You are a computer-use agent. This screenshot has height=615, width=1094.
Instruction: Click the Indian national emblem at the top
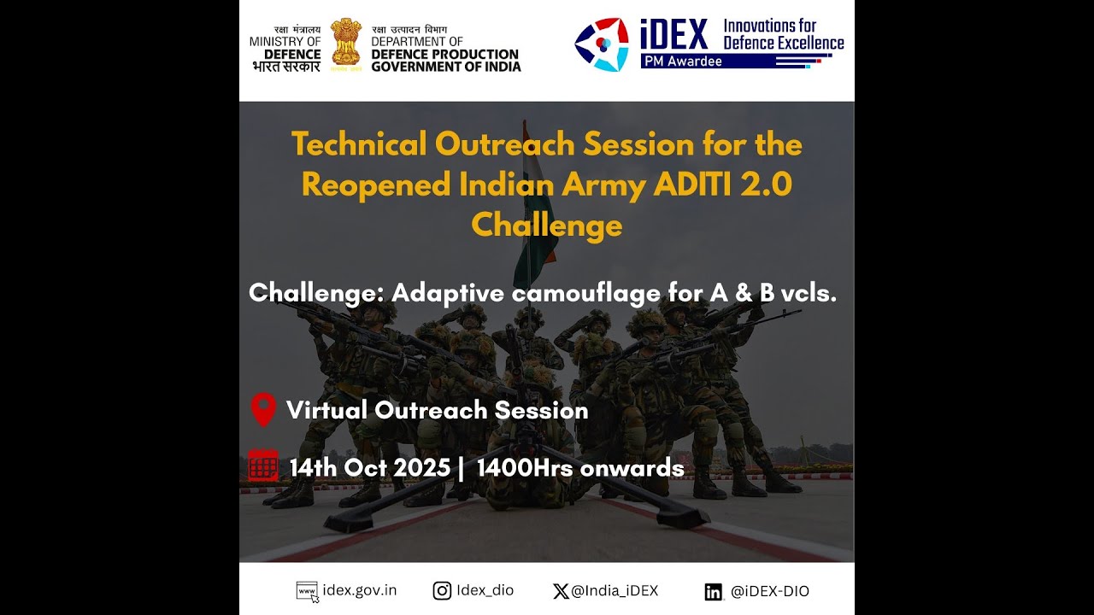[346, 42]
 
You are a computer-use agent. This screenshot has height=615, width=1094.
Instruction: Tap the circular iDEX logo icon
[602, 42]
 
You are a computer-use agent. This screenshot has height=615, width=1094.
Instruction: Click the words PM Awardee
[681, 61]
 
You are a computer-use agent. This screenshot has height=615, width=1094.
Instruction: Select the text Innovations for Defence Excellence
[783, 34]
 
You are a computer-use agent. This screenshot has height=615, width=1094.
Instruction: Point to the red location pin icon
[263, 410]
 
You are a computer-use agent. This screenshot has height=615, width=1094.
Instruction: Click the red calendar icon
[263, 467]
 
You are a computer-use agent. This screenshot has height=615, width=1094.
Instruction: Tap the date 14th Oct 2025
[369, 468]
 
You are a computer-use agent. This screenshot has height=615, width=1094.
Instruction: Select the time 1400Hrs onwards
[580, 468]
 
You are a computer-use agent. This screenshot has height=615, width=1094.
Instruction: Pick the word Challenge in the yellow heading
[546, 225]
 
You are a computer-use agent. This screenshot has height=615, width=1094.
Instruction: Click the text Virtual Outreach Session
[437, 410]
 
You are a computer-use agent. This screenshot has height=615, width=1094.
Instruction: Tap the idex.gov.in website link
[360, 590]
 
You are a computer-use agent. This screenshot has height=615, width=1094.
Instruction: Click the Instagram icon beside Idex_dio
[442, 590]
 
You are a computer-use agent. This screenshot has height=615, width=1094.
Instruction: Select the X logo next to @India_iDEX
[561, 590]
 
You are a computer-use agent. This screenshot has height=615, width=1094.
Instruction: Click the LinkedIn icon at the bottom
[714, 591]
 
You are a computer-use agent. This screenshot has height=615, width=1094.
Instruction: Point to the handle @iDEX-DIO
[769, 591]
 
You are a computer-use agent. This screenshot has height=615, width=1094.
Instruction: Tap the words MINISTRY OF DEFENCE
[285, 47]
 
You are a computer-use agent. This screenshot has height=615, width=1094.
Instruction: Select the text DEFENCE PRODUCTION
[445, 54]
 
